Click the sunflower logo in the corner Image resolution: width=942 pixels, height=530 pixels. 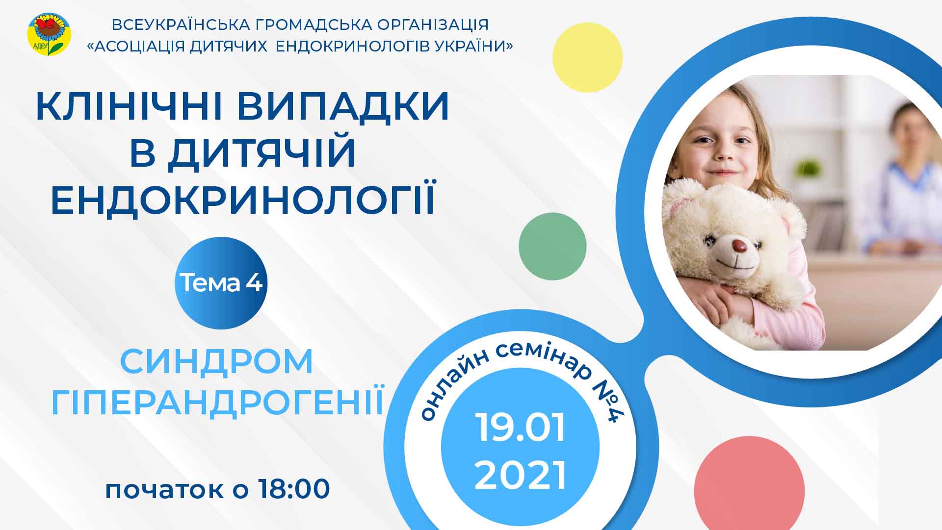click(x=49, y=34)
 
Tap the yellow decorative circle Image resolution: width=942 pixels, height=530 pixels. click(x=587, y=57)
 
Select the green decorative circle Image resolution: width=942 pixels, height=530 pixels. click(x=552, y=246)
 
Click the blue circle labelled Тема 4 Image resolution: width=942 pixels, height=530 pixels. click(x=221, y=283)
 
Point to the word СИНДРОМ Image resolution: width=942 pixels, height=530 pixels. click(x=216, y=362)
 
